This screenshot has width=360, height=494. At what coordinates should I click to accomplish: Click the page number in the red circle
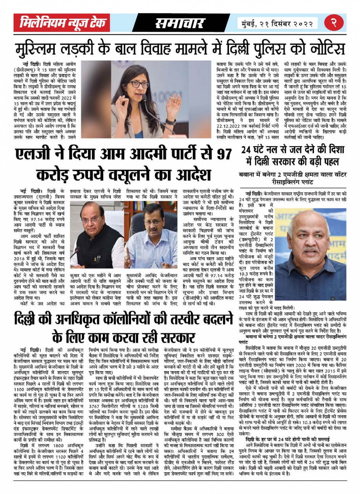pos(333,23)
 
